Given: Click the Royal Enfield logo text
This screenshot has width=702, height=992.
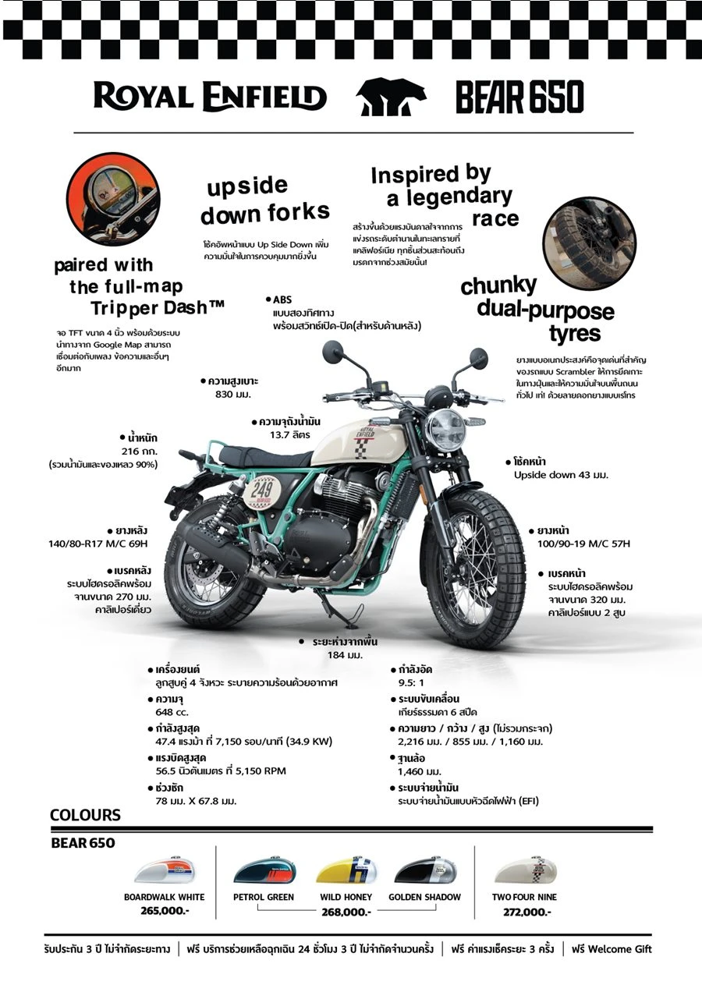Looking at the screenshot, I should tap(210, 96).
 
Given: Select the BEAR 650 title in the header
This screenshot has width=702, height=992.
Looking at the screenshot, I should tap(519, 97).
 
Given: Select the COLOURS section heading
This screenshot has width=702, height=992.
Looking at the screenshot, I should tap(86, 815).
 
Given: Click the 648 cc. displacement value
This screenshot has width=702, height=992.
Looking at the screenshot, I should tap(172, 712).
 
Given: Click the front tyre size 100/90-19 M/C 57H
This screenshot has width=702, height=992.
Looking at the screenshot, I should tap(583, 544).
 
